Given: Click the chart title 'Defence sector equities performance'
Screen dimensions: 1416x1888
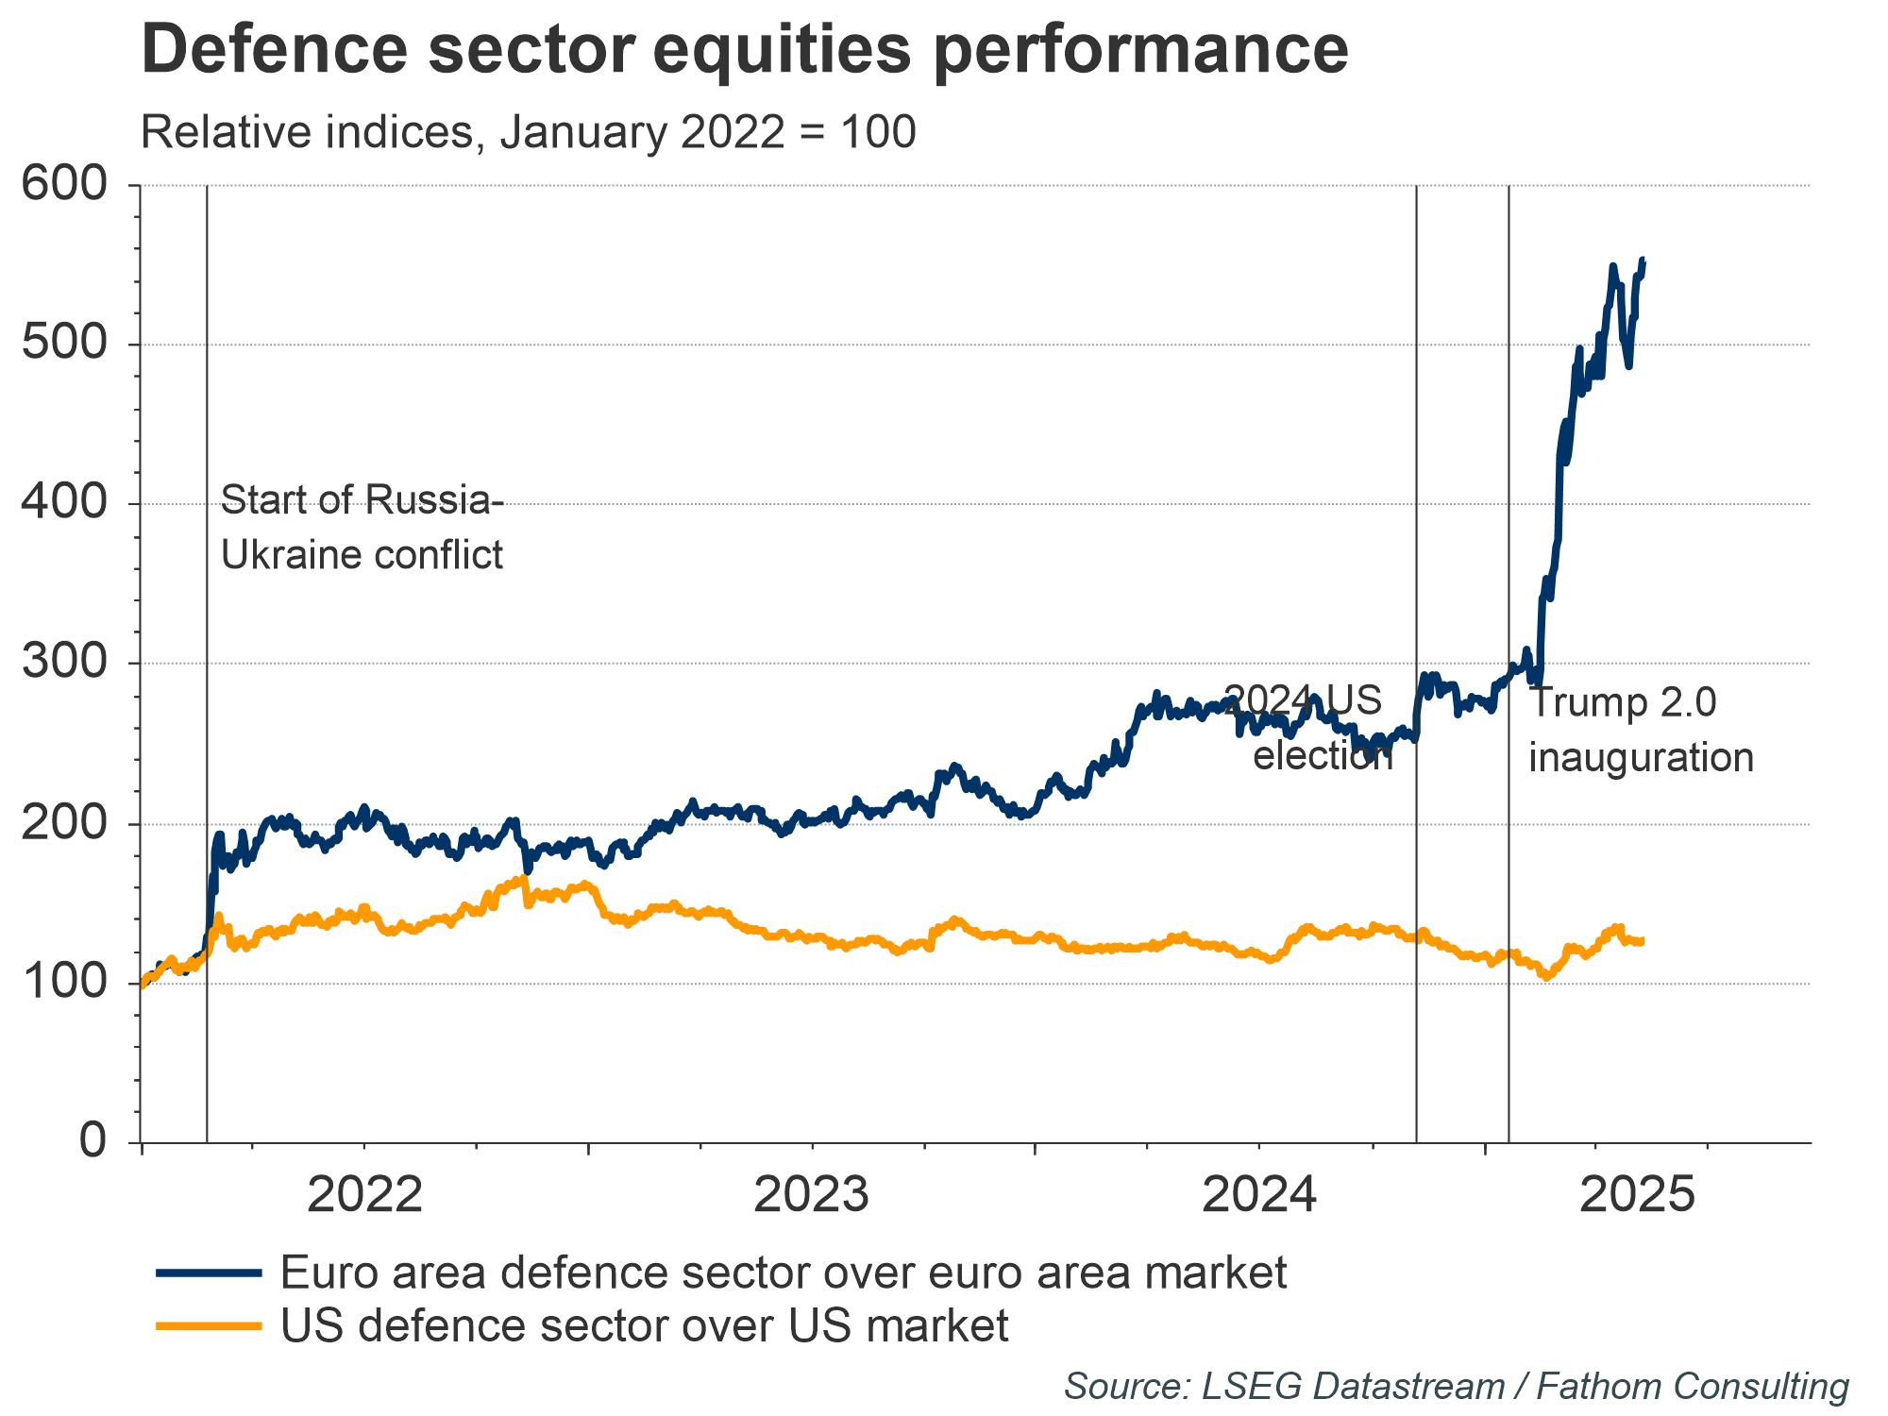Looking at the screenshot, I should pos(744,49).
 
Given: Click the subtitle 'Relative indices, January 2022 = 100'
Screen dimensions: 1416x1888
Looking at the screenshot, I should pos(528,132).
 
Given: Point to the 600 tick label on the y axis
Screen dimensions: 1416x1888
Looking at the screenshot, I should pos(65,183).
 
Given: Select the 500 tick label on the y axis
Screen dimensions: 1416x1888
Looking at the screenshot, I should pos(65,344).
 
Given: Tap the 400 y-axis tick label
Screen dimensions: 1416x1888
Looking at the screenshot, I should pos(65,503).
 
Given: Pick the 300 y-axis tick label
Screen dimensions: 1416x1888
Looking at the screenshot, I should pos(65,663).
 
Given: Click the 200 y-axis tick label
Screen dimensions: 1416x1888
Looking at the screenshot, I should pos(65,823).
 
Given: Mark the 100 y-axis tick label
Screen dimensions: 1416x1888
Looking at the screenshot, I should pos(65,983).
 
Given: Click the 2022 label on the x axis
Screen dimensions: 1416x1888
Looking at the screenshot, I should pos(364,1196).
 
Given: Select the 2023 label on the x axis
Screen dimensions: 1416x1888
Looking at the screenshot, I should pos(812,1196).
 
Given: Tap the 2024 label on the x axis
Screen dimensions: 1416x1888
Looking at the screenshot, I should pos(1259,1196).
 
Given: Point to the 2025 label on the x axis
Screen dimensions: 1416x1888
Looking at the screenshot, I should pos(1637,1196).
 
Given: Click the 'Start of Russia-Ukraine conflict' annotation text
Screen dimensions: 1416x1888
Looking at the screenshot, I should pos(362,528).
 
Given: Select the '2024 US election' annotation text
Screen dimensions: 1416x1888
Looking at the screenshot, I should pos(1312,728).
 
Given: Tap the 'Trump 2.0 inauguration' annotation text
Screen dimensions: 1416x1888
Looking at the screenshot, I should pos(1640,731).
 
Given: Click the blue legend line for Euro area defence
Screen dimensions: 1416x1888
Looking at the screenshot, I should pos(208,1273).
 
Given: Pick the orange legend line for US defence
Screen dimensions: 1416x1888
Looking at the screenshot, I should pos(208,1325).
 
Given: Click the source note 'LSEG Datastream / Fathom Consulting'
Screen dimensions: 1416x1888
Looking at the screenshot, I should pos(1456,1386).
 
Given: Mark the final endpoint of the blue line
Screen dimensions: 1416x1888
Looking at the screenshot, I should pos(1644,260).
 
